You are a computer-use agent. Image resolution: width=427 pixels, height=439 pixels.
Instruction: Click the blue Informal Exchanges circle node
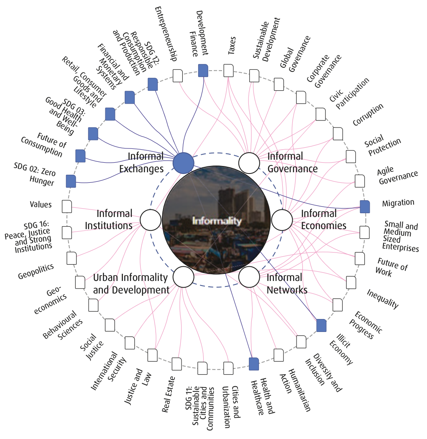click(184, 163)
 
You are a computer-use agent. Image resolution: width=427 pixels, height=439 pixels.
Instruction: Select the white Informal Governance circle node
click(249, 163)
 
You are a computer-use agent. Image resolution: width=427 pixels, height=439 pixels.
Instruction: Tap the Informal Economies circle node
click(282, 220)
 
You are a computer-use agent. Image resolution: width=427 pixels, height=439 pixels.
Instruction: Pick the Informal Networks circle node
click(249, 277)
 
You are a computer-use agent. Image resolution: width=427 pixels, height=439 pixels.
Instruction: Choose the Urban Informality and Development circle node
click(184, 277)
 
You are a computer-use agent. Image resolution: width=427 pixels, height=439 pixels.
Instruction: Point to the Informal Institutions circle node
click(151, 220)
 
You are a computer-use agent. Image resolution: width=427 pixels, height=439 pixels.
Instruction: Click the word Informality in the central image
click(217, 221)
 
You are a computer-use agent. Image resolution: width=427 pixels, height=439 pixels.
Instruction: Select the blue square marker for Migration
click(365, 207)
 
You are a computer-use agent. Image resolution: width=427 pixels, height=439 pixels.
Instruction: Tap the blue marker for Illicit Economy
click(321, 325)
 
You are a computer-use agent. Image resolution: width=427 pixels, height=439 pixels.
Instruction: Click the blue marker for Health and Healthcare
click(254, 364)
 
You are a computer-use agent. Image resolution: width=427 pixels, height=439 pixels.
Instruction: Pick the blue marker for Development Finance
click(203, 70)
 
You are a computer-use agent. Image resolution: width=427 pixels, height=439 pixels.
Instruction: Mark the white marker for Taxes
click(228, 70)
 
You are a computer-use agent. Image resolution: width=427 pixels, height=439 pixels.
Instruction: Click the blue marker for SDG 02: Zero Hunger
click(71, 181)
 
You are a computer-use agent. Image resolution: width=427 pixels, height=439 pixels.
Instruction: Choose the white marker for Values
click(66, 207)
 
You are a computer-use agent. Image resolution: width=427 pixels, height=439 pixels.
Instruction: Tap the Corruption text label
click(368, 115)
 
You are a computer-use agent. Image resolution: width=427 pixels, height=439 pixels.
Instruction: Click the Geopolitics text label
click(36, 272)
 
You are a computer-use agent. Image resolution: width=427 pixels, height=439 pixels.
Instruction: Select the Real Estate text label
click(169, 394)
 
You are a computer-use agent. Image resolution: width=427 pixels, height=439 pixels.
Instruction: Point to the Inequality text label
click(383, 299)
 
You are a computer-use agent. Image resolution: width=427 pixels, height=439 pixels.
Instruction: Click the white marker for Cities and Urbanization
click(228, 368)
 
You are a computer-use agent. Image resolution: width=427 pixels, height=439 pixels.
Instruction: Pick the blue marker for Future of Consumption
click(80, 156)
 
